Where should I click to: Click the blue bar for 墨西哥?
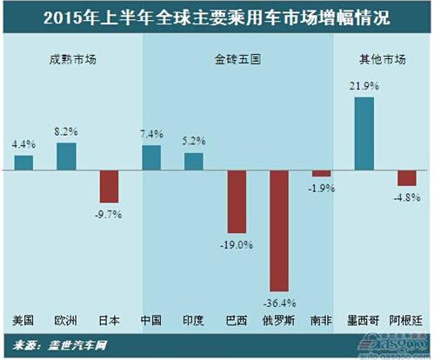pos(364,133)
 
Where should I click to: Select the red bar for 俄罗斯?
pos(279,230)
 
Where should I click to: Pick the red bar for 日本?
pos(109,186)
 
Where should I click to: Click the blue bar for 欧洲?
pos(66,157)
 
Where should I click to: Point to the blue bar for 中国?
pos(151,157)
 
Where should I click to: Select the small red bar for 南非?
pos(322,173)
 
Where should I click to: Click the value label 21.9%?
pos(364,89)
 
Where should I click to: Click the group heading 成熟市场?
pos(70,60)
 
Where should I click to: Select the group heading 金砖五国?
pos(237,60)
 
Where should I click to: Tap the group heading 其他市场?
pos(383,60)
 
